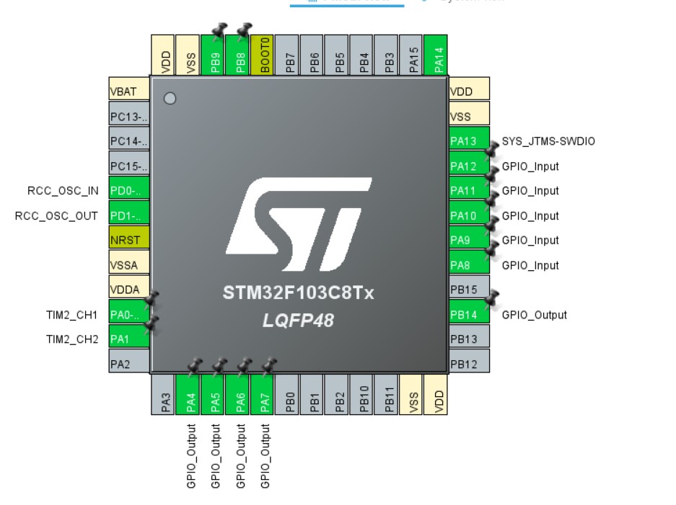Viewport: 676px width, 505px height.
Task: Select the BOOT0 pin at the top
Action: (264, 55)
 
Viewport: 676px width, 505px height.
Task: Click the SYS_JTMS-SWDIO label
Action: (548, 141)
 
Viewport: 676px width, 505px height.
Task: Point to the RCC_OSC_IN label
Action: (63, 191)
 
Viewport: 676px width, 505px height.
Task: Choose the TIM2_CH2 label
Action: (72, 339)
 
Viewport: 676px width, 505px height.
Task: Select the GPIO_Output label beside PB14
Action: (534, 315)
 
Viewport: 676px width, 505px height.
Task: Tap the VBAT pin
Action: (128, 91)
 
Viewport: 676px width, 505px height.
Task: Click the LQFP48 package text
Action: (298, 321)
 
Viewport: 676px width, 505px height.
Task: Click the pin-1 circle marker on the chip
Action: (170, 99)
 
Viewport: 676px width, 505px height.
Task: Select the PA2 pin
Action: (128, 364)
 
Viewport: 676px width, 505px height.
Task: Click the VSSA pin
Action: (128, 264)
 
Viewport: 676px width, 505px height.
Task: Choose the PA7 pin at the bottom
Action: (265, 396)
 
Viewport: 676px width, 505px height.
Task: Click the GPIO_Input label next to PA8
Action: (530, 265)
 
